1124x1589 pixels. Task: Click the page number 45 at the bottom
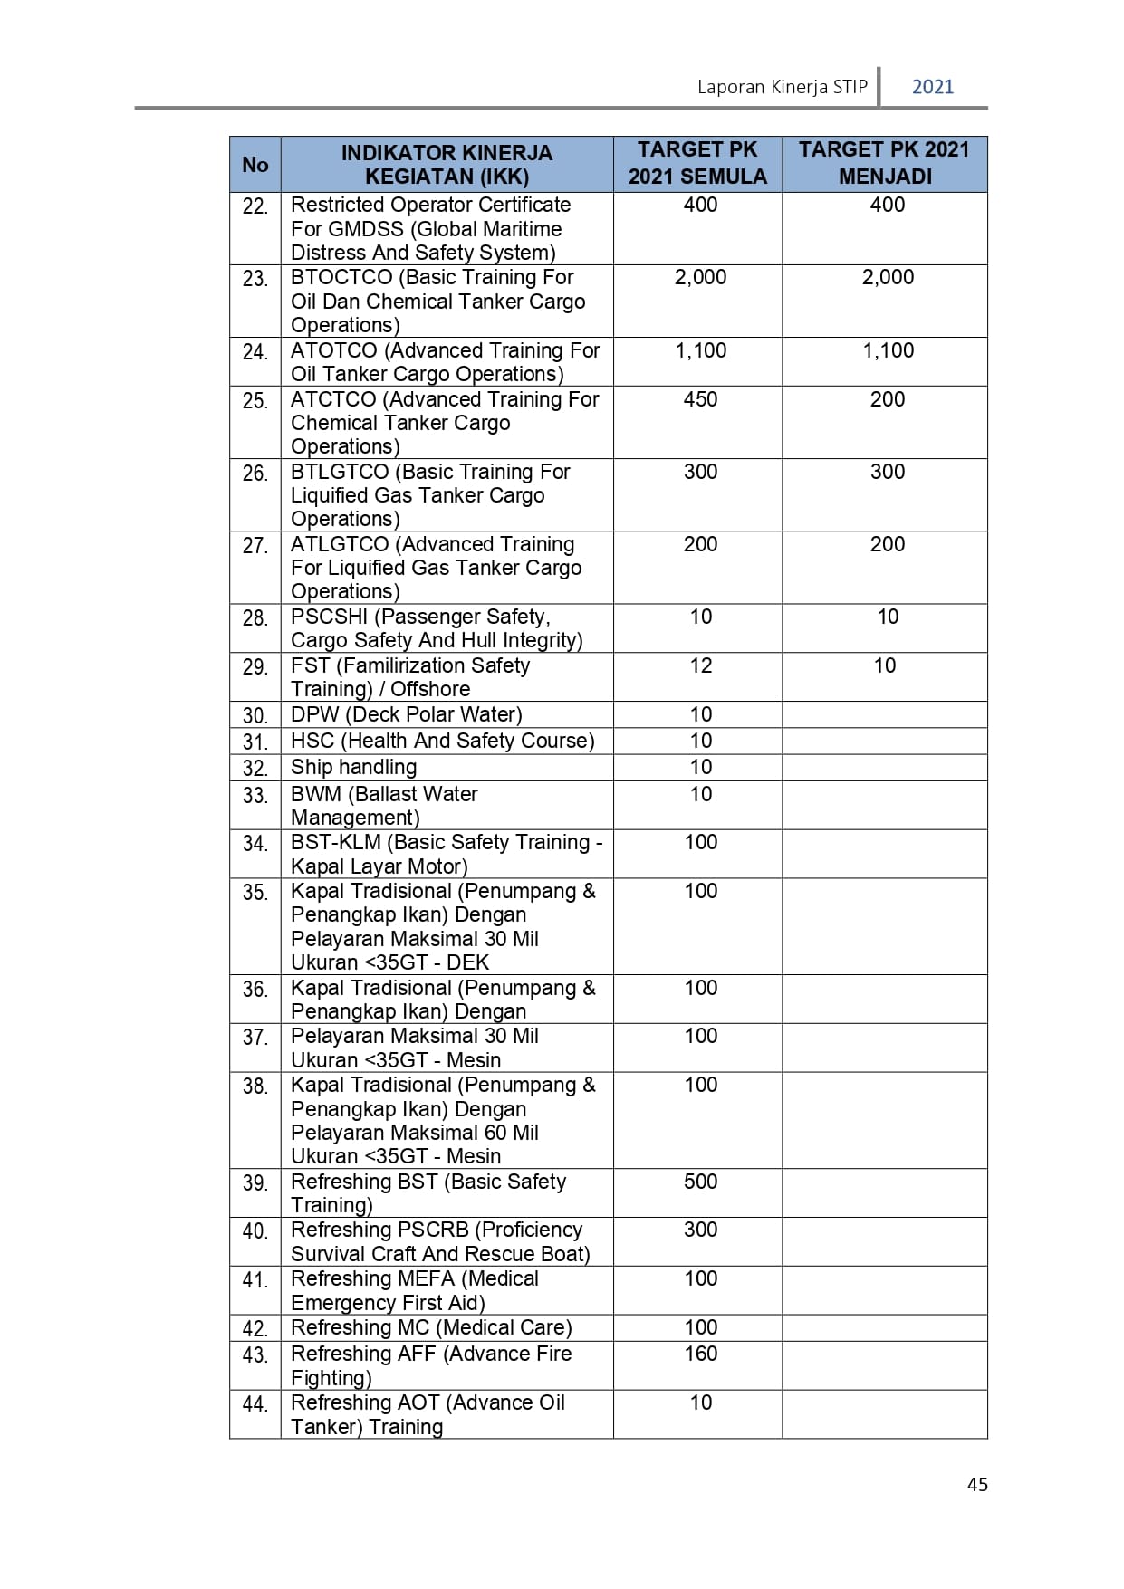(x=977, y=1484)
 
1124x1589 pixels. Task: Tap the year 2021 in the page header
(x=932, y=87)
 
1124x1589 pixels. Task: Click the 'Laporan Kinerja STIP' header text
(x=782, y=87)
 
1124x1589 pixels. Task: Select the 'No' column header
(x=255, y=165)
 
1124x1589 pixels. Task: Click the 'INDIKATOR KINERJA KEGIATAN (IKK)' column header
(x=447, y=165)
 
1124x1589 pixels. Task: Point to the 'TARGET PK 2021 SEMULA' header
(x=697, y=163)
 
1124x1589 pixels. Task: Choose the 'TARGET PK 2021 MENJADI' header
(x=884, y=163)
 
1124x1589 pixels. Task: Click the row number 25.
(x=255, y=401)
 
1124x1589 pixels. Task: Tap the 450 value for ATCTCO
(x=700, y=399)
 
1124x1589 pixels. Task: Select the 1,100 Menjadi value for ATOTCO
(x=888, y=350)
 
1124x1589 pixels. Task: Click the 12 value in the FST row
(x=700, y=665)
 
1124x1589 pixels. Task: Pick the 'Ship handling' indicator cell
(x=353, y=767)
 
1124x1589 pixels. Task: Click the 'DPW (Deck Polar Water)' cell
(x=406, y=714)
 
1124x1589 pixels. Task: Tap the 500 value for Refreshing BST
(x=700, y=1182)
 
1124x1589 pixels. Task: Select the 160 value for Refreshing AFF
(x=700, y=1354)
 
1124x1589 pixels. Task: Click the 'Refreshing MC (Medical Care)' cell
(x=431, y=1327)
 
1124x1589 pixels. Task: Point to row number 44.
(x=255, y=1404)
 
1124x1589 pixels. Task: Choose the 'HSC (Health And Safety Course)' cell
(x=442, y=741)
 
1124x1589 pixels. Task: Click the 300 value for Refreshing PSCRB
(x=700, y=1230)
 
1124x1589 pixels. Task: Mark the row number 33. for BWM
(x=255, y=796)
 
